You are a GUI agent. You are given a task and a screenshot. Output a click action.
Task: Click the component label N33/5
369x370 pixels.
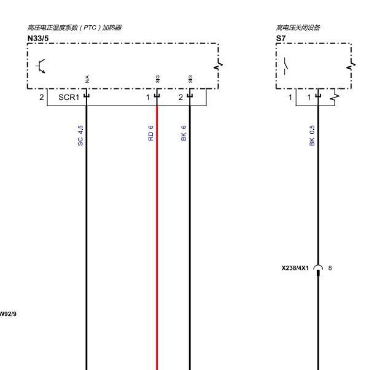coord(38,39)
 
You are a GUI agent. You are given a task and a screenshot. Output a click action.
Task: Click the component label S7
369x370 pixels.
coord(281,39)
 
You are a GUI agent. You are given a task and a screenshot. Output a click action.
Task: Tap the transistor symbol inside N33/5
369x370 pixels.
coord(41,66)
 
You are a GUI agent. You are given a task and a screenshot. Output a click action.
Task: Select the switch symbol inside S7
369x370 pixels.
coord(286,66)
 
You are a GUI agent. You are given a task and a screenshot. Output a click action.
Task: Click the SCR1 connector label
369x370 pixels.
coord(69,97)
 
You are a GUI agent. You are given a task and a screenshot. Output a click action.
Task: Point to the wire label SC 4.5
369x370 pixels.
coord(80,136)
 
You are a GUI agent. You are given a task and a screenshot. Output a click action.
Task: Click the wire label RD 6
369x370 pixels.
coord(150,133)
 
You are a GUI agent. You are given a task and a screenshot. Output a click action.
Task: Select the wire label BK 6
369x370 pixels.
coord(184,133)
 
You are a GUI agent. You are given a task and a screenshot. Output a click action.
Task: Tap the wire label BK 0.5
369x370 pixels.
coord(312,136)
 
